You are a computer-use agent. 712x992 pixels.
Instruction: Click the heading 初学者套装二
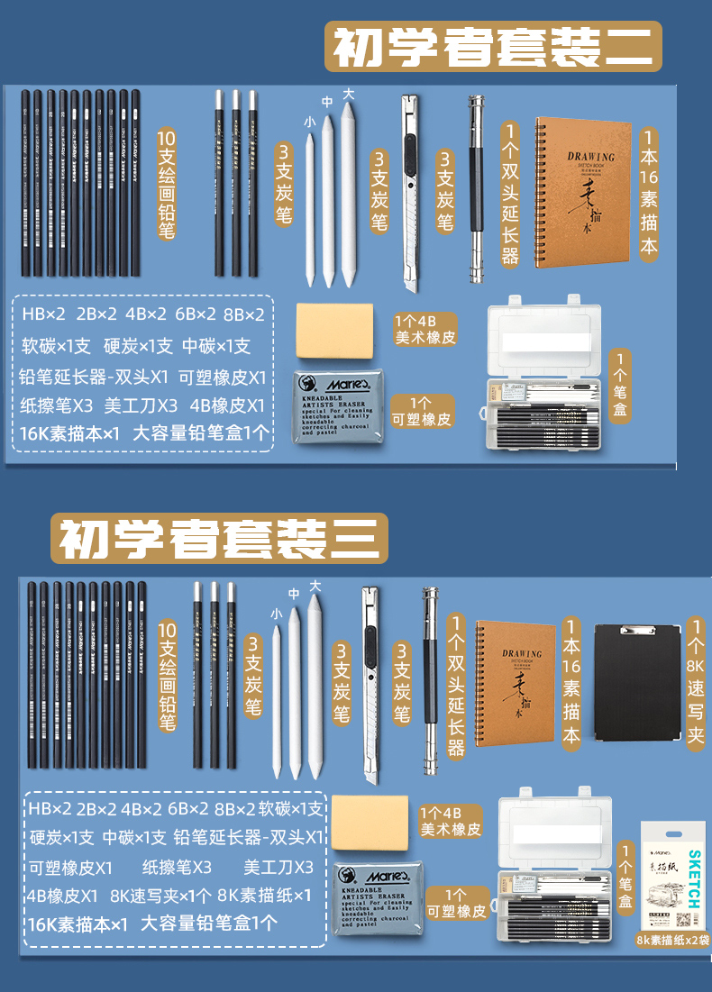click(x=493, y=47)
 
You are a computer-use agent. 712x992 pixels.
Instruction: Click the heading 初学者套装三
click(x=219, y=539)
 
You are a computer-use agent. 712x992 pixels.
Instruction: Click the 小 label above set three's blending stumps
click(x=276, y=614)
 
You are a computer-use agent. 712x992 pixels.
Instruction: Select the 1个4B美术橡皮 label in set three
click(x=452, y=821)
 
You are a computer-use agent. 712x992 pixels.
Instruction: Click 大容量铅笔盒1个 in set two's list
click(x=200, y=432)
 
